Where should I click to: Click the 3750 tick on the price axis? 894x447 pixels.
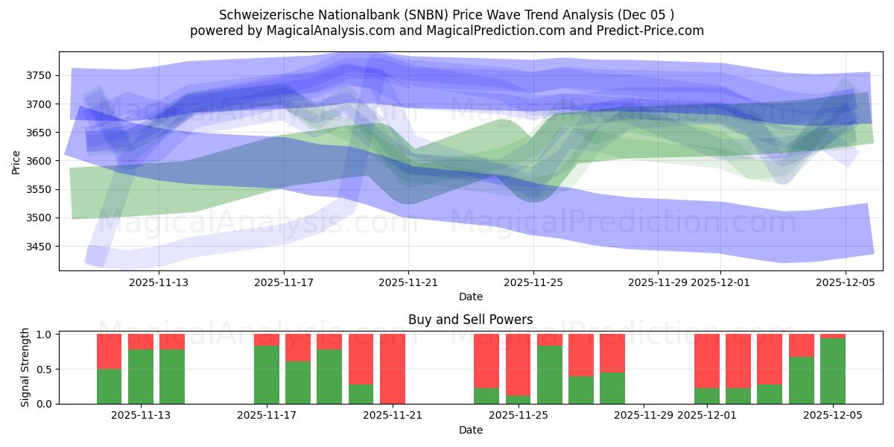tap(39, 75)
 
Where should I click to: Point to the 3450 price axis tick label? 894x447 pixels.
tap(39, 247)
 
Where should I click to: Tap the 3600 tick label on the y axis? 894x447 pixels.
tap(39, 161)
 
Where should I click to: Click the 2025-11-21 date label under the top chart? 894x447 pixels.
tap(408, 282)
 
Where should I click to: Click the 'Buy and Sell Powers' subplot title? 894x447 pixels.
tap(470, 320)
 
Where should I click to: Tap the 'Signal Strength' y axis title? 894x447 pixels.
tap(25, 367)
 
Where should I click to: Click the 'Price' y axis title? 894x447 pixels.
tap(16, 161)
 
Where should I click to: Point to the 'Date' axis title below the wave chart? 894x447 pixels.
tap(470, 297)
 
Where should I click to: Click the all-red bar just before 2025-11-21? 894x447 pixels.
tap(393, 368)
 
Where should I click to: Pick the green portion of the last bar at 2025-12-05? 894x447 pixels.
tap(833, 372)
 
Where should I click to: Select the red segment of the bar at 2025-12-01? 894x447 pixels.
tap(707, 361)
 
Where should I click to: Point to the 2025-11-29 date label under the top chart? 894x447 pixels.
tap(658, 282)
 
